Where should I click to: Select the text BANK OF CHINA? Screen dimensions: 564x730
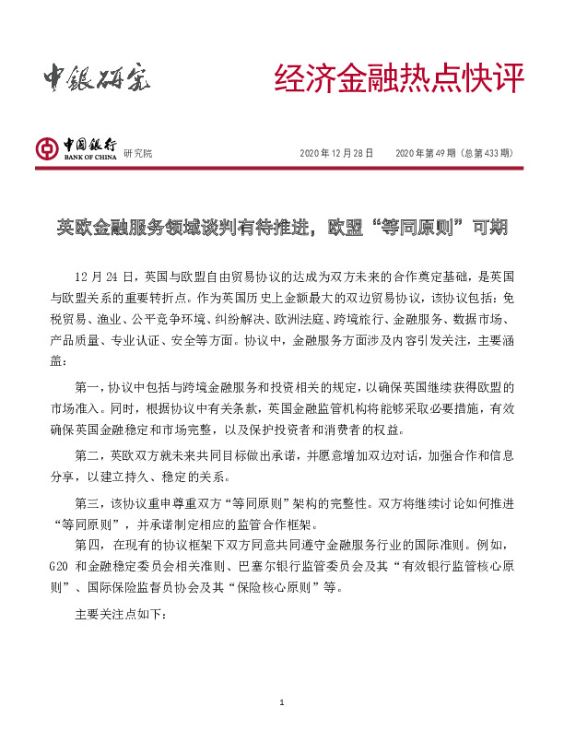pyautogui.click(x=89, y=157)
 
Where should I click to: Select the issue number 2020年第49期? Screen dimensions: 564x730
pyautogui.click(x=428, y=153)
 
